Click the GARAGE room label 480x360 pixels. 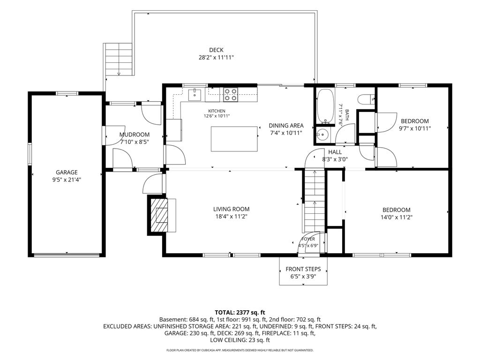point(67,172)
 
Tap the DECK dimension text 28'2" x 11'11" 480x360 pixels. point(216,57)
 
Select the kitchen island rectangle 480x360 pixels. point(234,139)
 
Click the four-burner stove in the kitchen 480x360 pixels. point(231,95)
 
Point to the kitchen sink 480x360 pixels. point(195,95)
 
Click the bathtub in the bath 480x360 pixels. point(325,106)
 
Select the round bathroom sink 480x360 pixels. point(322,134)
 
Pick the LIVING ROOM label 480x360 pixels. point(231,209)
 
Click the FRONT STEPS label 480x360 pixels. point(303,269)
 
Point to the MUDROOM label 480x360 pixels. point(135,135)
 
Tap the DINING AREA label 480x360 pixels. point(286,126)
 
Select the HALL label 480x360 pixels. point(335,152)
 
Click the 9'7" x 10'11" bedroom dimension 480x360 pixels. point(415,128)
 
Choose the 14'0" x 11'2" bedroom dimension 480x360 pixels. point(397,217)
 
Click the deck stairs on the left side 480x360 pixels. point(119,60)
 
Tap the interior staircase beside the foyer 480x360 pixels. point(314,201)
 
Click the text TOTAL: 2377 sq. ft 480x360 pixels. point(240,313)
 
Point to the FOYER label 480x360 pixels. point(308,239)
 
